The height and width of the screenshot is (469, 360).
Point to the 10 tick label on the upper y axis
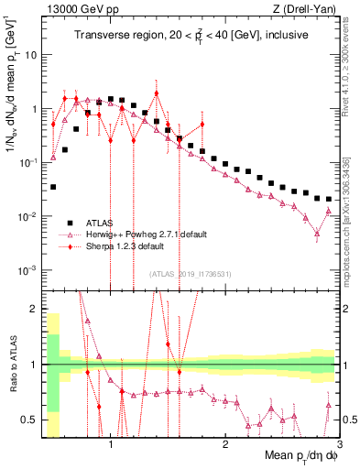30,54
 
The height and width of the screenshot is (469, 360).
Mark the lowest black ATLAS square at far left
53,187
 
